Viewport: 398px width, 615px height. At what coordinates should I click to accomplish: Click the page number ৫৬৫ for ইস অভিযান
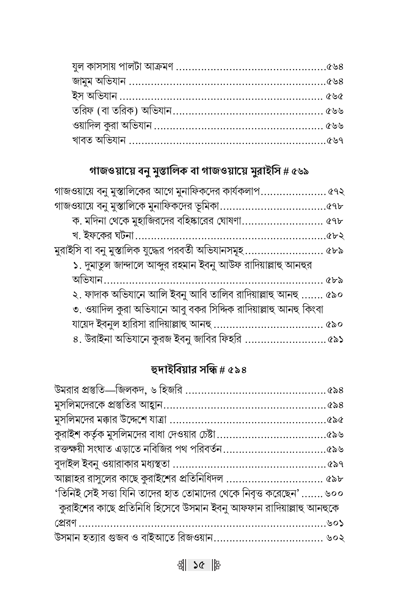point(334,96)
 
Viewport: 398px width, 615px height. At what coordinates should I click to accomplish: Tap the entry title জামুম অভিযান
point(99,82)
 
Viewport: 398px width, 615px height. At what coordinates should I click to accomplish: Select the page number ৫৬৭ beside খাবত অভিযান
point(334,141)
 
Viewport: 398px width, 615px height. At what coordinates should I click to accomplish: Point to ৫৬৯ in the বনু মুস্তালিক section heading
point(300,172)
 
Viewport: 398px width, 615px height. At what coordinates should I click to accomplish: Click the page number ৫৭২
point(336,192)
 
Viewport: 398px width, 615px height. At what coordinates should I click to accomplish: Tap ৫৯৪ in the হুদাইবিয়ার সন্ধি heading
point(237,370)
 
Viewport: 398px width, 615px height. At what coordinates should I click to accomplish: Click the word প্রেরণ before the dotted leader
point(66,523)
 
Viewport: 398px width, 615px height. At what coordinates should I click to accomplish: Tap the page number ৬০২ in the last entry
point(335,538)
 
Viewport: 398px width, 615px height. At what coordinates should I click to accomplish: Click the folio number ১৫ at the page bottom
point(199,566)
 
